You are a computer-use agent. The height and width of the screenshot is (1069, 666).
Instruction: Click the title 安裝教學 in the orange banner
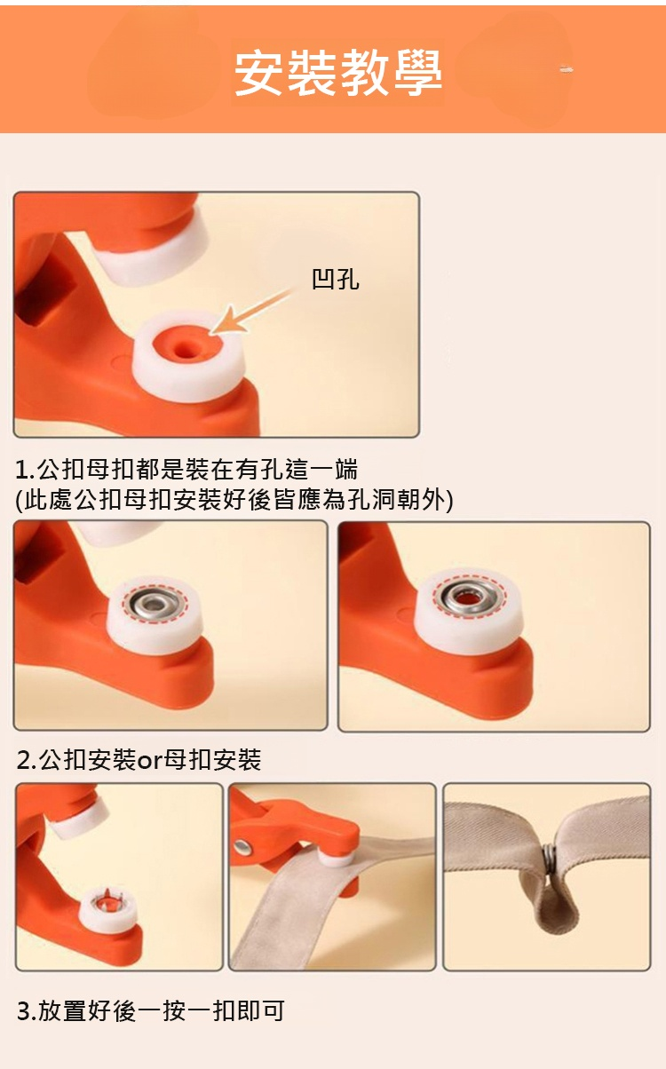tap(338, 72)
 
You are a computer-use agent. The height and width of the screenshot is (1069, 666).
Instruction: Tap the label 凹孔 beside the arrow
tap(335, 278)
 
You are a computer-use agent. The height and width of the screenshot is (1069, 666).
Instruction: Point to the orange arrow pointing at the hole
tap(251, 310)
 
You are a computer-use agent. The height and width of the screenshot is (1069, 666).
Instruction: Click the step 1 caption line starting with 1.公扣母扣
tap(186, 469)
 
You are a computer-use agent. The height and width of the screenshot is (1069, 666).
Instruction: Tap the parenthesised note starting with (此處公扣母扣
tap(234, 500)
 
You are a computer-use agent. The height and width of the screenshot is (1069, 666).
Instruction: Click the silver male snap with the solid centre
tap(155, 605)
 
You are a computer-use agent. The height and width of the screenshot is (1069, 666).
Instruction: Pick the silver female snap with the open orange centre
tap(469, 597)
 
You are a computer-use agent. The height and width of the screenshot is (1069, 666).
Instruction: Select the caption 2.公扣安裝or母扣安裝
tap(139, 759)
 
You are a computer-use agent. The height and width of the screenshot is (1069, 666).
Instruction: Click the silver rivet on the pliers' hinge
tap(244, 848)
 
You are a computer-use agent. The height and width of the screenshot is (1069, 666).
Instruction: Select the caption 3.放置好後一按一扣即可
tap(150, 1010)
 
